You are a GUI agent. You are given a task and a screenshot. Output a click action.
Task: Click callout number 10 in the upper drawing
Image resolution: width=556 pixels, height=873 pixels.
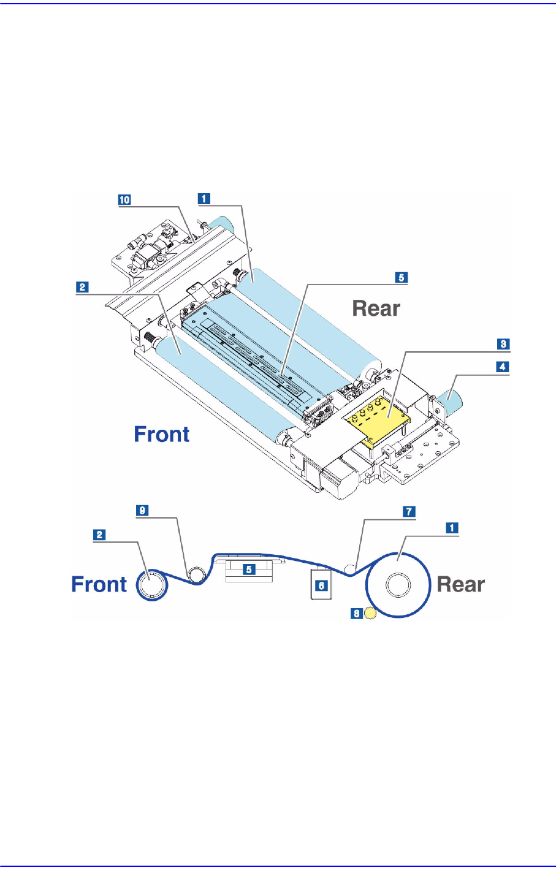coord(125,199)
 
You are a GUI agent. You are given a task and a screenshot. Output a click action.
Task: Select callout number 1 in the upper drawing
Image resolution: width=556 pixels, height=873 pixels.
coord(203,198)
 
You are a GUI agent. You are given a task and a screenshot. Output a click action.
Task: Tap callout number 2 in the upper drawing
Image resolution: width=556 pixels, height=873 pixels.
coord(81,286)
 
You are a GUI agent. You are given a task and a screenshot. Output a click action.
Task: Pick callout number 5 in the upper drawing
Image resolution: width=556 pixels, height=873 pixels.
coord(401,277)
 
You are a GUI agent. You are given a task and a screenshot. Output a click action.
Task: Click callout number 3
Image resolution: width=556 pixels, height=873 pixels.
coord(503,344)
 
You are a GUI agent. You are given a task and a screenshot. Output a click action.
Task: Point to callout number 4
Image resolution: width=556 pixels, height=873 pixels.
coord(503,367)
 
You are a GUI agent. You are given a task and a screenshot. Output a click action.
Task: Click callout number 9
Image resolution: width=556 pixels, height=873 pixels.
coord(142,511)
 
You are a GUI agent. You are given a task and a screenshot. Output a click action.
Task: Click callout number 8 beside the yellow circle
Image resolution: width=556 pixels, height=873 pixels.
coord(356,612)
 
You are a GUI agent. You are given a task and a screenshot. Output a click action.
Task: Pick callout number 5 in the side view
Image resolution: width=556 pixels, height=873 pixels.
coord(249,570)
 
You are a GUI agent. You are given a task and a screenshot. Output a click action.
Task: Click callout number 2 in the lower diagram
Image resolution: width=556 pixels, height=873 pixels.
coord(98,535)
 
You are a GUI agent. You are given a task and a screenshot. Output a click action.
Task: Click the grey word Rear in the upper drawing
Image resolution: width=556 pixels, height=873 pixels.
coord(376,308)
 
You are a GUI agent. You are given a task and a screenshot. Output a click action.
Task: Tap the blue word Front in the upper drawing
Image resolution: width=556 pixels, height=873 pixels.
coord(162,435)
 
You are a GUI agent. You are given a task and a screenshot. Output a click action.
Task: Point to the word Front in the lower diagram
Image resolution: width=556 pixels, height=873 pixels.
coord(99,584)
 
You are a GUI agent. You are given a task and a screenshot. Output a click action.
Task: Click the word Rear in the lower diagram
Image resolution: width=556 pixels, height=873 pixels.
coord(460,584)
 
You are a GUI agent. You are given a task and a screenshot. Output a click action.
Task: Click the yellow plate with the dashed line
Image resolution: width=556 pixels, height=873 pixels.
coord(377,420)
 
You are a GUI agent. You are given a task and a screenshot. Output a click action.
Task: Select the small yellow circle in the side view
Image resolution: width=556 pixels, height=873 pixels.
coord(370,612)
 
